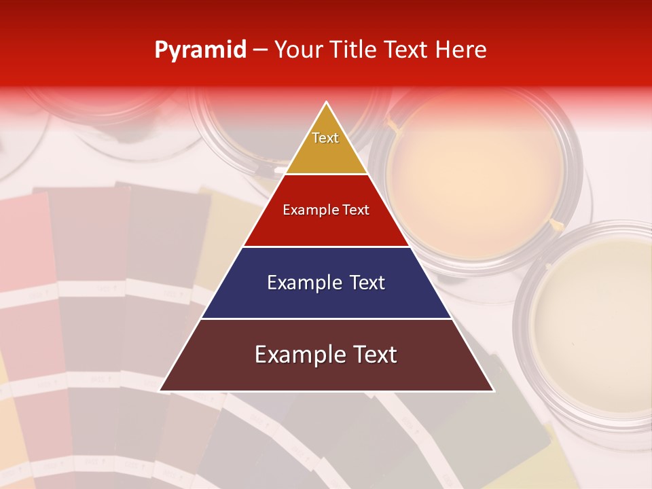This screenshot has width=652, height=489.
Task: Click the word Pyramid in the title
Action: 200,50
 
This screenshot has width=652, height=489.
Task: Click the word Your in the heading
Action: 298,50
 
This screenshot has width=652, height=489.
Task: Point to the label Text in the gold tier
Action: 325,138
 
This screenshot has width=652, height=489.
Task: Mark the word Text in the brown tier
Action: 371,355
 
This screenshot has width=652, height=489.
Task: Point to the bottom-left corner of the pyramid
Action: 160,391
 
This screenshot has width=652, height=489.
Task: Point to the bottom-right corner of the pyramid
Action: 493,391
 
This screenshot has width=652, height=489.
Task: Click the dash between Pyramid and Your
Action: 260,50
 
